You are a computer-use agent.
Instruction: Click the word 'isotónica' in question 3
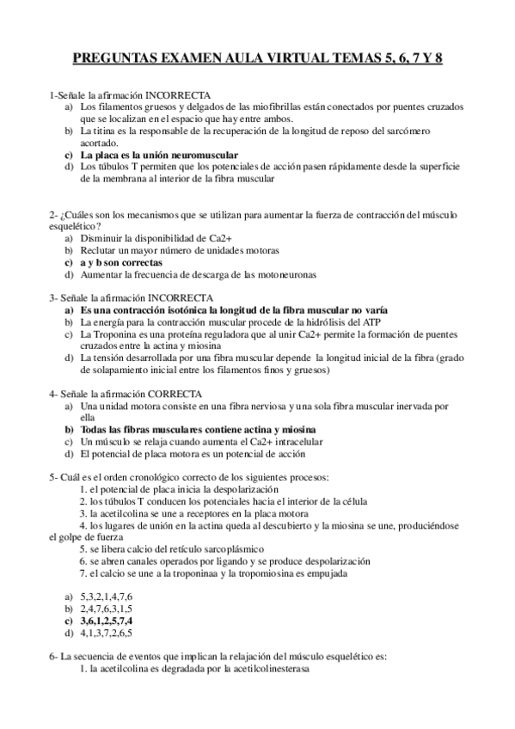(x=201, y=309)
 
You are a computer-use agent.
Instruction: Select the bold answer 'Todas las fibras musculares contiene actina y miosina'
(x=198, y=429)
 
